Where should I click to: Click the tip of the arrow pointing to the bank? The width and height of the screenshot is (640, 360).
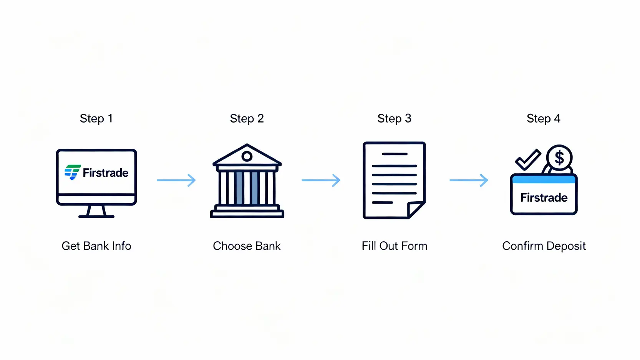pyautogui.click(x=196, y=180)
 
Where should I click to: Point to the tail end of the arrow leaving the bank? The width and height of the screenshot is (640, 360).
pyautogui.click(x=302, y=180)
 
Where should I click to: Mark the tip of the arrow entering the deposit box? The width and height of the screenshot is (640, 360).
pyautogui.click(x=488, y=180)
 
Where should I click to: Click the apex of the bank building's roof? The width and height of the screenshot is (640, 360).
pyautogui.click(x=247, y=144)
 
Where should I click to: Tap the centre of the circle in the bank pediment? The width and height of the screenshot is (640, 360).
pyautogui.click(x=247, y=156)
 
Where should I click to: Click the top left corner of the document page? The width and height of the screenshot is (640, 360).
pyautogui.click(x=363, y=142)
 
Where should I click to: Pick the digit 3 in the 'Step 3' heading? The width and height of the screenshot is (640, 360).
pyautogui.click(x=408, y=118)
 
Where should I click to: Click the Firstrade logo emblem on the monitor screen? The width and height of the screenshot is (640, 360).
pyautogui.click(x=73, y=172)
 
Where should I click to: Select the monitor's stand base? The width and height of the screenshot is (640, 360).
pyautogui.click(x=96, y=217)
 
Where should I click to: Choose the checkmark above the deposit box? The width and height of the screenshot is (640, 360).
pyautogui.click(x=528, y=159)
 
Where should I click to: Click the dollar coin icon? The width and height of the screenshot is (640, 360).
pyautogui.click(x=559, y=158)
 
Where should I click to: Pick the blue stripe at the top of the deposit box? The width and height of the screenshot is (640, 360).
pyautogui.click(x=544, y=179)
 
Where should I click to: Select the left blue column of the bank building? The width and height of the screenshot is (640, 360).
pyautogui.click(x=239, y=188)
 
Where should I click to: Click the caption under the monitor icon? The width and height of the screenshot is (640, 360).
pyautogui.click(x=96, y=246)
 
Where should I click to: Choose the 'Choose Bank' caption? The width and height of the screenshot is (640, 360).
pyautogui.click(x=247, y=246)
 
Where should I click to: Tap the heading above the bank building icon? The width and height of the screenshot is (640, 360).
pyautogui.click(x=247, y=119)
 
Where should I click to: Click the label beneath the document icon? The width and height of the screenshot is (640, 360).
pyautogui.click(x=394, y=246)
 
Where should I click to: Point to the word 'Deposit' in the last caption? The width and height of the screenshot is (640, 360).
pyautogui.click(x=565, y=246)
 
